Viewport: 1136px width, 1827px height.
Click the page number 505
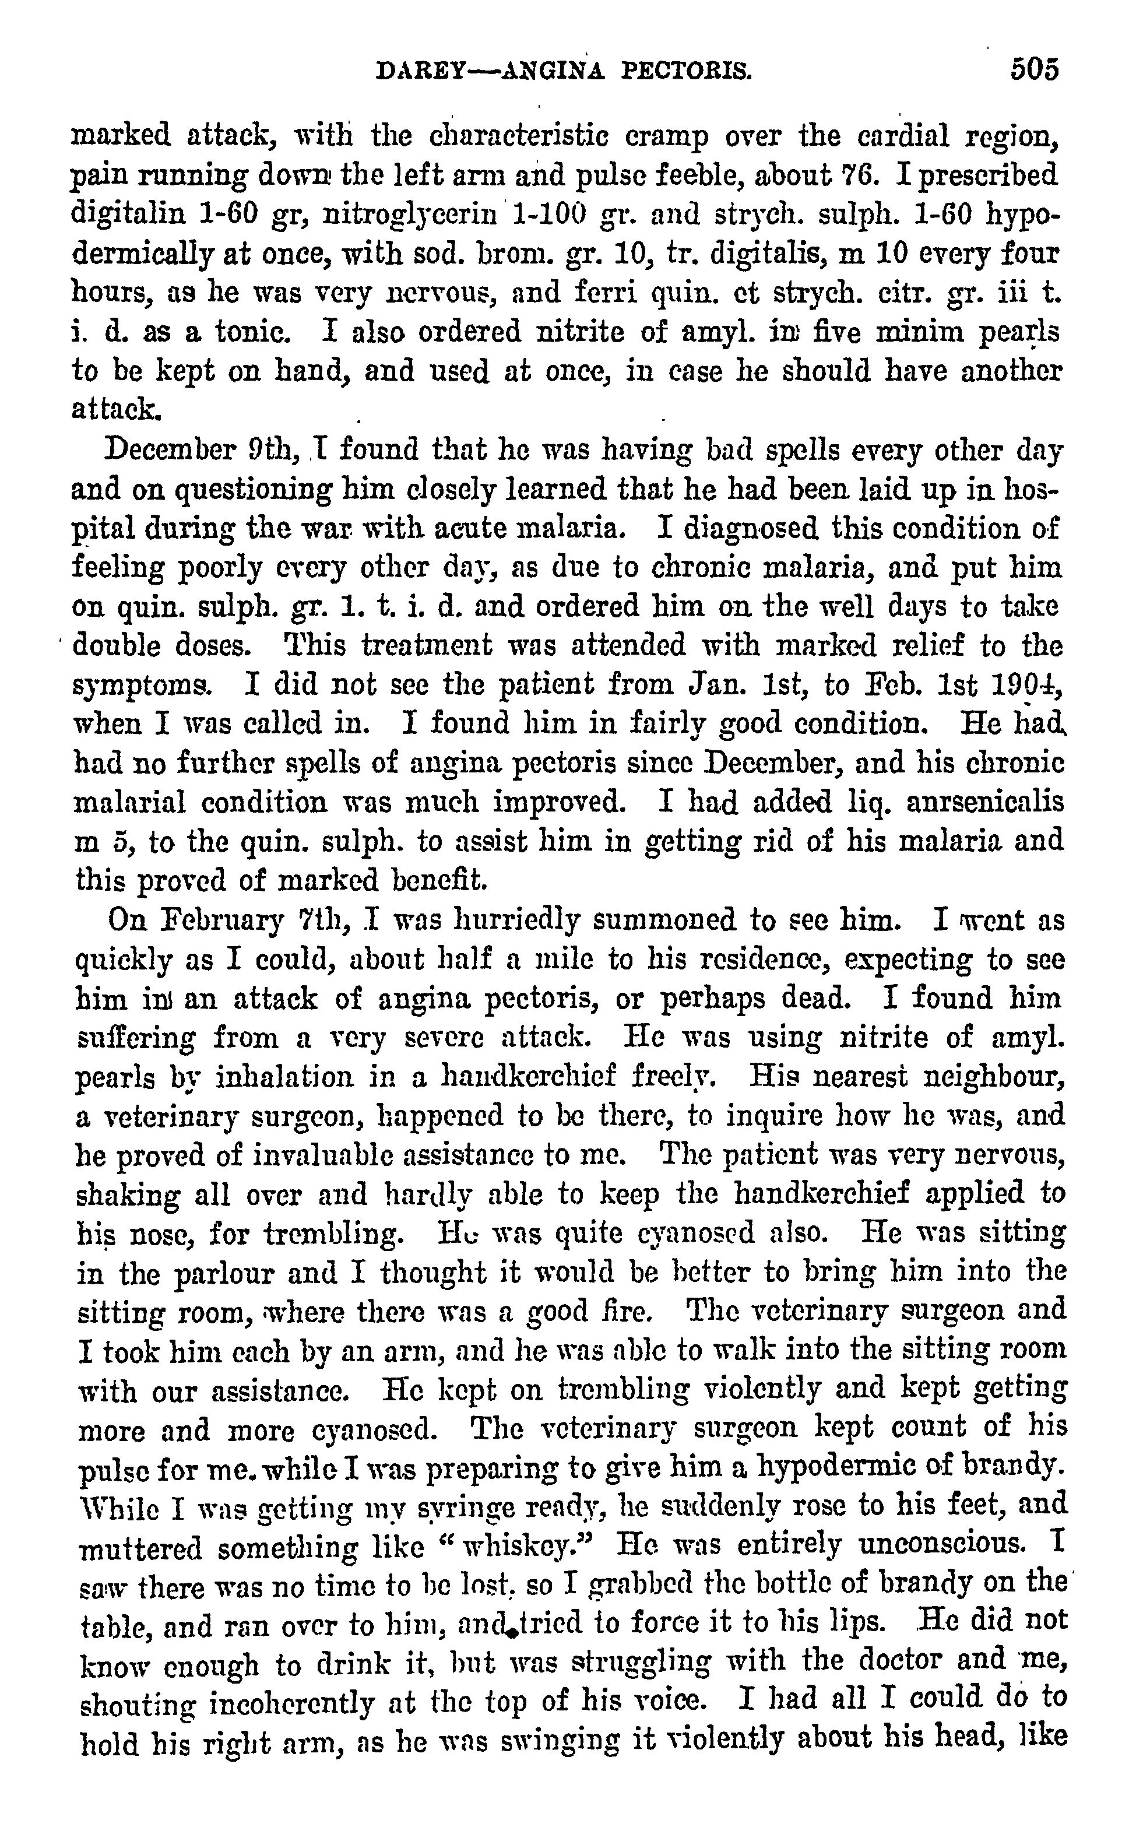pos(1034,69)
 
